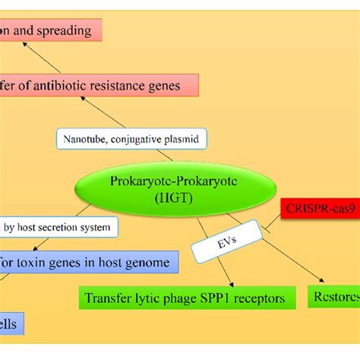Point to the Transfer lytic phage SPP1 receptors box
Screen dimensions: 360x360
tap(186, 298)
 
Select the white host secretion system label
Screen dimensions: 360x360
tap(59, 226)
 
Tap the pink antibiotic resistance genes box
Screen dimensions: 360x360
tap(99, 86)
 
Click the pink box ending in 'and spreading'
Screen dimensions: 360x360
tap(50, 31)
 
